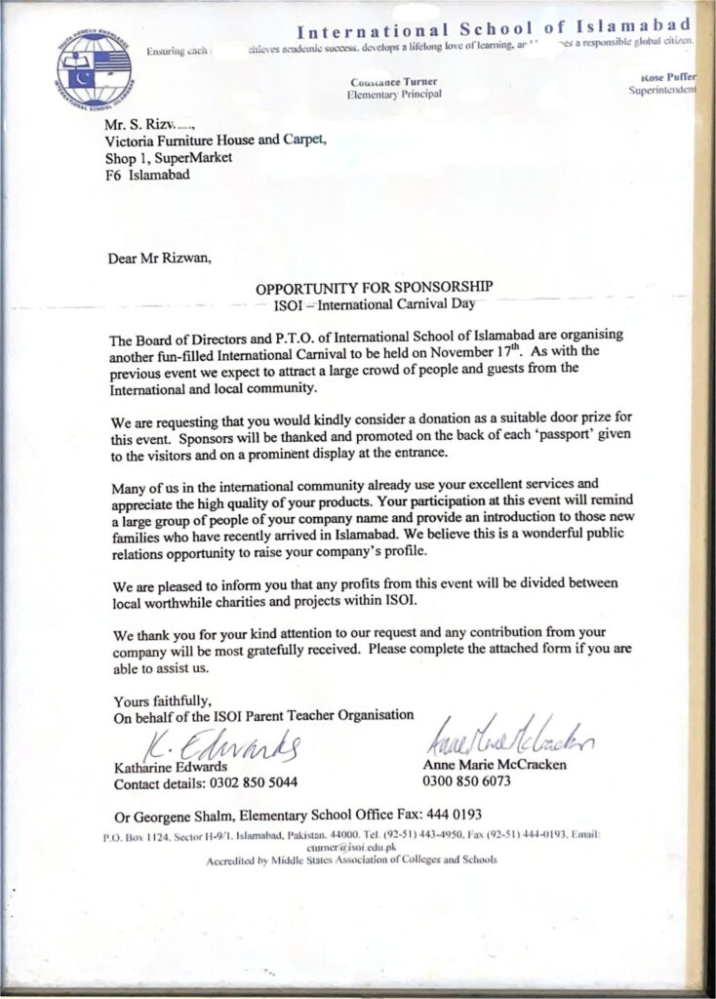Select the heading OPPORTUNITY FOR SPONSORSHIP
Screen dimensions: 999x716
[x=375, y=288]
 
